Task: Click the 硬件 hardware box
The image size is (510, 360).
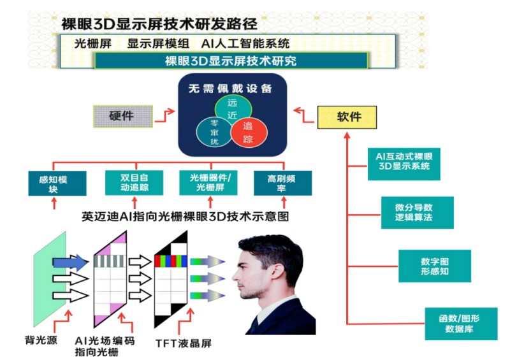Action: [x=123, y=117]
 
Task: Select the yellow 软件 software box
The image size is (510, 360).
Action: [x=347, y=117]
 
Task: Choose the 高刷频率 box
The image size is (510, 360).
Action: [x=282, y=183]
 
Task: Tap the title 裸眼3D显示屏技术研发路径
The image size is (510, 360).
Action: [x=159, y=24]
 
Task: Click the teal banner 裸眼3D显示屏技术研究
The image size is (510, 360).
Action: [x=231, y=61]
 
